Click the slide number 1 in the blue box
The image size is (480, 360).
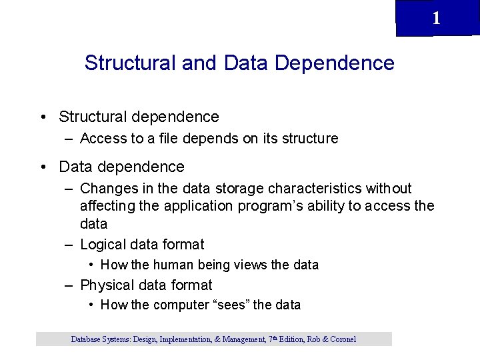point(436,18)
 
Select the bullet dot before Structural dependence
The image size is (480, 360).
point(42,117)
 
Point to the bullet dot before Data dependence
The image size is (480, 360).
point(42,167)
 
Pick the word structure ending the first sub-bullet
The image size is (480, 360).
point(309,139)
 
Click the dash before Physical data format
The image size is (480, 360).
point(69,285)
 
